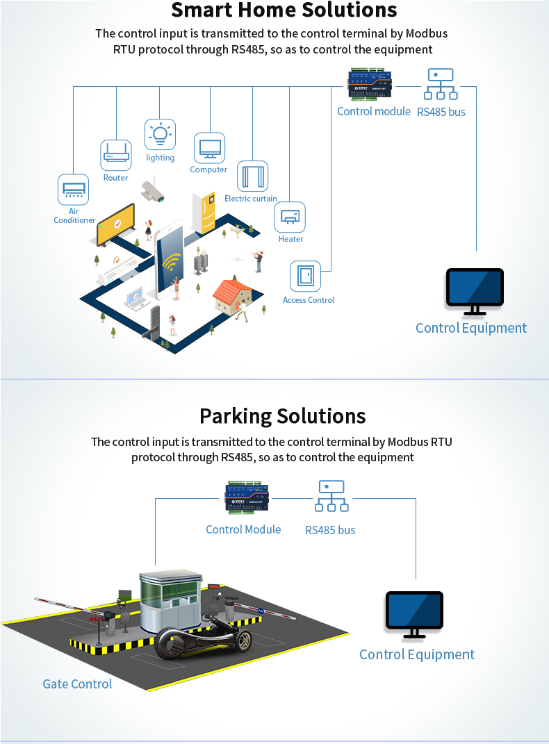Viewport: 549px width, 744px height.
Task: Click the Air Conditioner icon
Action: (73, 189)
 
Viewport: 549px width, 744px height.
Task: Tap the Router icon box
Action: (116, 156)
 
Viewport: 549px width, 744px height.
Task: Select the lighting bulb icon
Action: (160, 134)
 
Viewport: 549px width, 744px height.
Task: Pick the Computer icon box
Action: (209, 148)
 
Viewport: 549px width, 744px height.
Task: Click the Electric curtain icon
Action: (252, 176)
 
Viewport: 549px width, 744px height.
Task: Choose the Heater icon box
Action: (290, 217)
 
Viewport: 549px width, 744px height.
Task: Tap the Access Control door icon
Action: (305, 276)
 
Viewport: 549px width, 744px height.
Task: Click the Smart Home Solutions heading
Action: (284, 10)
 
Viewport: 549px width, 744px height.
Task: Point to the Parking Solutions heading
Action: (282, 416)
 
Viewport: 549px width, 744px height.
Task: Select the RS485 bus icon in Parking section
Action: (331, 497)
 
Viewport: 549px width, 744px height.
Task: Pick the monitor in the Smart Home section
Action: (475, 290)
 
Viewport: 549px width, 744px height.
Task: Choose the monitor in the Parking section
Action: (415, 613)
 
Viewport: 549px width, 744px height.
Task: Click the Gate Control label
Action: (77, 684)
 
